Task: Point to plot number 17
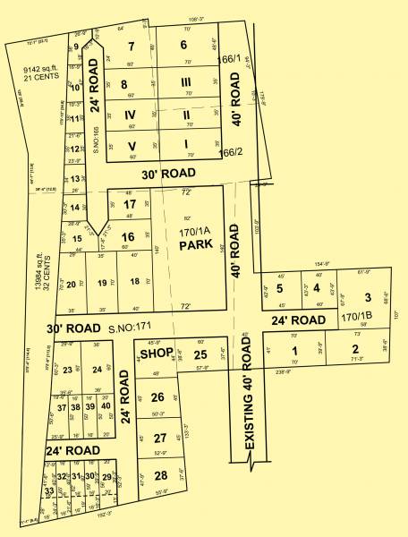129,203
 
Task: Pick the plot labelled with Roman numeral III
186,82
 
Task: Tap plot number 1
293,350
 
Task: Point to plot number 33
49,490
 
